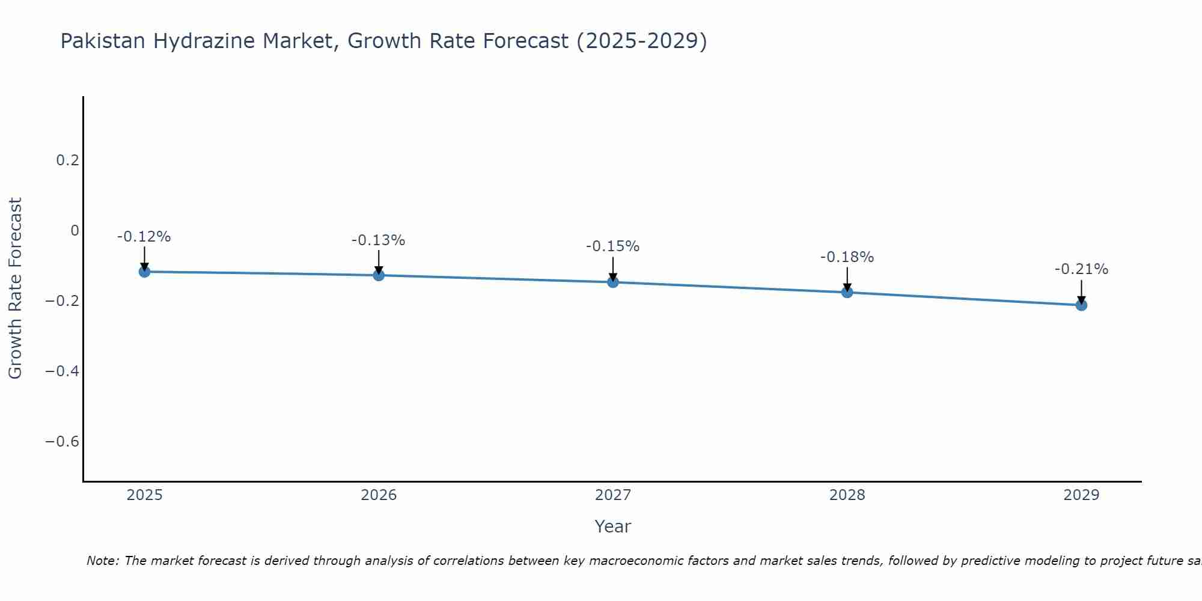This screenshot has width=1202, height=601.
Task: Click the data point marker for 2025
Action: (144, 272)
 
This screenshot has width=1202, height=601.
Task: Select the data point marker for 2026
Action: (379, 275)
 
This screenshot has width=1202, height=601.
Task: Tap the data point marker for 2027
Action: (613, 282)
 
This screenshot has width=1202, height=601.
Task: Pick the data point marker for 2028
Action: (847, 292)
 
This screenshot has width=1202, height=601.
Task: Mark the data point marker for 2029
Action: (1081, 305)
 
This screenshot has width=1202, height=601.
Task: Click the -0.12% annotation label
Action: (144, 237)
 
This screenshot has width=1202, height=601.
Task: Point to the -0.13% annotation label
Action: (379, 240)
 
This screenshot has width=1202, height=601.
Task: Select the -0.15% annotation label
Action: (613, 246)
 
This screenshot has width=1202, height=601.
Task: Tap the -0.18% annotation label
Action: (847, 257)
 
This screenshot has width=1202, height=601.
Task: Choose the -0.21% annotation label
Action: (1081, 269)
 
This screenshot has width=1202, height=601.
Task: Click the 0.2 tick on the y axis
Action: (67, 160)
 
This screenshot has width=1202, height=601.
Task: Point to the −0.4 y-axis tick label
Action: (62, 371)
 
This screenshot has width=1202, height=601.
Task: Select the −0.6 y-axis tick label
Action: (62, 442)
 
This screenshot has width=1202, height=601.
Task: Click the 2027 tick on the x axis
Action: (613, 495)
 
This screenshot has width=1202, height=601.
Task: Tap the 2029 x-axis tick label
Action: (1081, 495)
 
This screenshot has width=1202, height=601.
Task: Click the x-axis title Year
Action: (613, 526)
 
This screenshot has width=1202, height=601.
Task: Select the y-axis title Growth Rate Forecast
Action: (15, 288)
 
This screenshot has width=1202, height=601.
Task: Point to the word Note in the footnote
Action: (103, 561)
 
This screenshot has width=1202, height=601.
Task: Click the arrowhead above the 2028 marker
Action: (847, 287)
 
